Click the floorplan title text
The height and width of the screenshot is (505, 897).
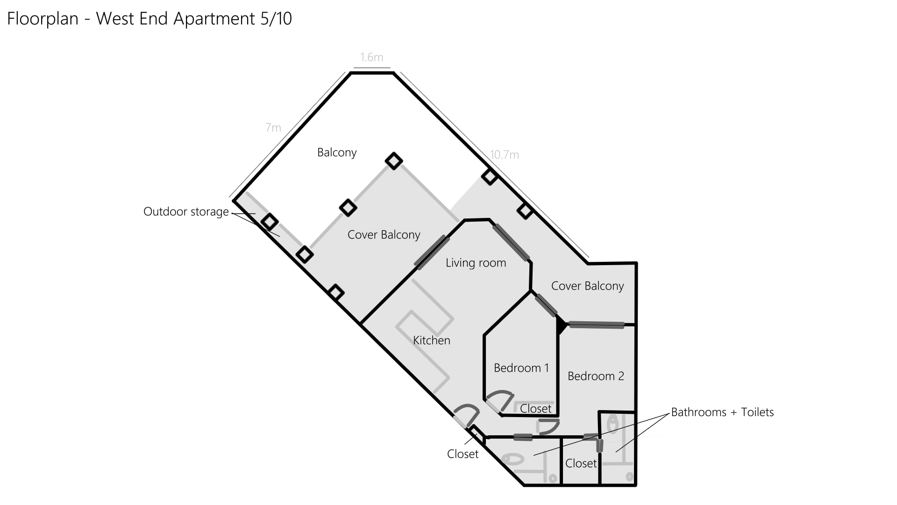(x=149, y=19)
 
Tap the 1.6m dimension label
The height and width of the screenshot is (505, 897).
(x=371, y=58)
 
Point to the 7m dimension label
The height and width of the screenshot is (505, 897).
(x=273, y=127)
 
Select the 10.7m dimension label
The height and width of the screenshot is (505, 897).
(x=505, y=155)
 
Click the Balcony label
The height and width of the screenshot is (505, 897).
(x=337, y=152)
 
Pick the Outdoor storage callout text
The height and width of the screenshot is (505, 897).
(x=186, y=212)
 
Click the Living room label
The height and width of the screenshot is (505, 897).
(x=476, y=263)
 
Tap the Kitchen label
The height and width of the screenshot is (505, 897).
(x=432, y=340)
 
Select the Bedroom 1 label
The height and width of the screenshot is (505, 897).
(x=521, y=368)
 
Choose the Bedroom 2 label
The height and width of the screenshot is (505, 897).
(x=596, y=376)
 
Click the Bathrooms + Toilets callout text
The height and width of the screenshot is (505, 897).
(x=722, y=412)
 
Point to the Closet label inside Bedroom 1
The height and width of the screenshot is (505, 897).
(x=535, y=409)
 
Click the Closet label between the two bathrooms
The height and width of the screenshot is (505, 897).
(x=581, y=463)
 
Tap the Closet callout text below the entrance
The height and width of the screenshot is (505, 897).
(x=463, y=454)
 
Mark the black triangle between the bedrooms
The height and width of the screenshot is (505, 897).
(x=560, y=325)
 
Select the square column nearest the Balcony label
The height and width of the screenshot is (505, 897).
(x=394, y=161)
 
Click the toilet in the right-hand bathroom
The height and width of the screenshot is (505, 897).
(x=612, y=424)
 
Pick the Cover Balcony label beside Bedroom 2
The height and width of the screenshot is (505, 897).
(x=587, y=286)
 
